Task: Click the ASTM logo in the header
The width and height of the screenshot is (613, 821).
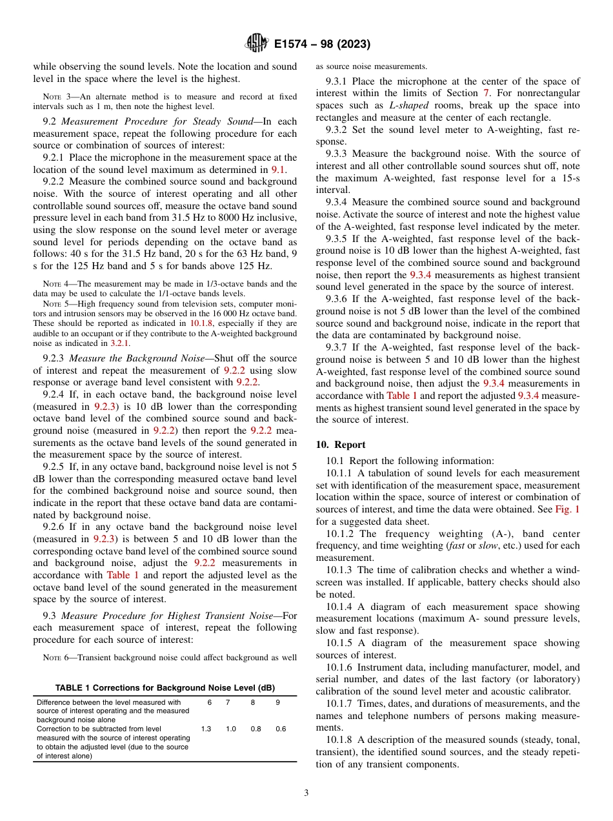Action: click(x=256, y=44)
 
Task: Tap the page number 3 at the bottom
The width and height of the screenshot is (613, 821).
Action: click(x=306, y=793)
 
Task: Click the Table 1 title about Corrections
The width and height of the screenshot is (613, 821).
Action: click(x=165, y=687)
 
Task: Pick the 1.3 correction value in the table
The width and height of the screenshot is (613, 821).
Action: click(x=206, y=729)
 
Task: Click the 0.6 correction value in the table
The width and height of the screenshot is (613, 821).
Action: click(x=280, y=729)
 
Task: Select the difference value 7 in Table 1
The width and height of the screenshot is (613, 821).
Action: click(x=227, y=702)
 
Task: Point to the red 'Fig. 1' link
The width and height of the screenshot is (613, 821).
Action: click(x=567, y=509)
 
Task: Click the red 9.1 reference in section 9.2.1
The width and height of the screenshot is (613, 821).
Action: click(x=277, y=170)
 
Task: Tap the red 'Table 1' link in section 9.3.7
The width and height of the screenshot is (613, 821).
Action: click(x=401, y=396)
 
